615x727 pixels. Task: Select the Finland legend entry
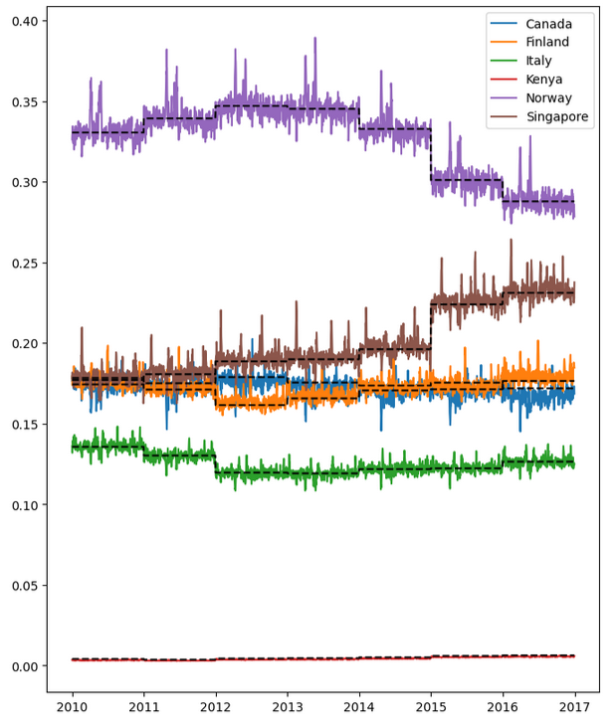point(548,42)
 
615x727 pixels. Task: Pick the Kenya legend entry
point(545,80)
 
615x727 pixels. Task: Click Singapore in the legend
point(556,117)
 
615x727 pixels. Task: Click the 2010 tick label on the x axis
point(72,707)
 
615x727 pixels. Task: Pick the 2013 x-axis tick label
point(287,707)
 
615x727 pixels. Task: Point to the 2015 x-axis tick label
point(431,707)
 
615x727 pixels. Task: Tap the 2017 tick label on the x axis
point(574,707)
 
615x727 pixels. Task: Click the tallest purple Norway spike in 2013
point(315,40)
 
